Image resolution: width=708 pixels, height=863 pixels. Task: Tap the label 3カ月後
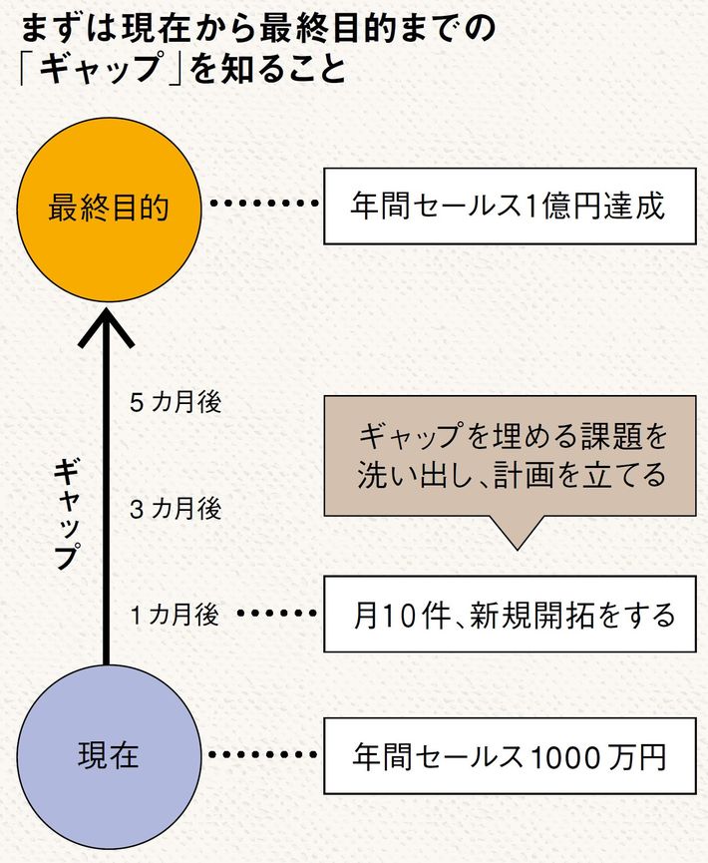coord(176,509)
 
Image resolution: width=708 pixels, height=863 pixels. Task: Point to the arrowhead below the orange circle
coord(107,329)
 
